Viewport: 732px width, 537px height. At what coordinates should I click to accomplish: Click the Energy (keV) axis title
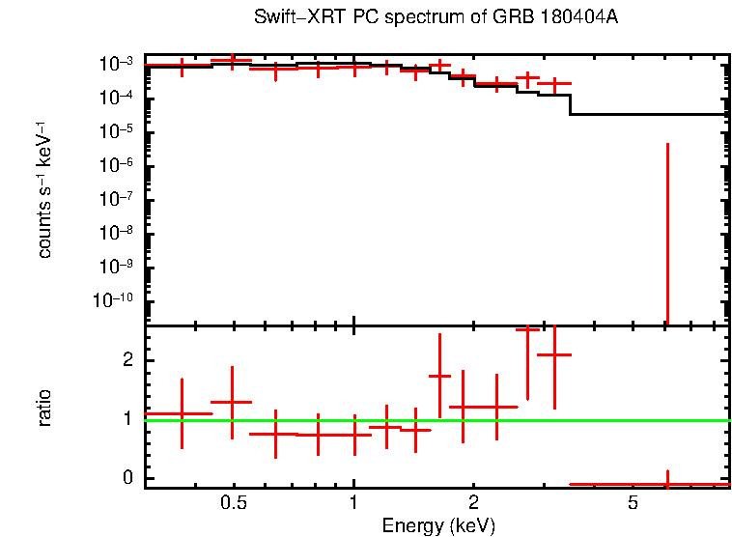(x=438, y=525)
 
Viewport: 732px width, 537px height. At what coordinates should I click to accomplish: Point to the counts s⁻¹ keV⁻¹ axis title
(x=44, y=190)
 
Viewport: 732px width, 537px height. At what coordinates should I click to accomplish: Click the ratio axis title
(x=44, y=408)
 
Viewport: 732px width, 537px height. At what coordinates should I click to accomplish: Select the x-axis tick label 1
(x=353, y=503)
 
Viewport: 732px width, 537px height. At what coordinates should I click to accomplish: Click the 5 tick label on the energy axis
(x=633, y=503)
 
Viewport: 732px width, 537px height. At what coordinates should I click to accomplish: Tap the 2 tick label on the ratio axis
(x=127, y=360)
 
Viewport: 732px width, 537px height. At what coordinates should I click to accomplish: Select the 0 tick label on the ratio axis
(x=127, y=479)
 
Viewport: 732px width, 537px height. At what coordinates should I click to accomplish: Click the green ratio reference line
(x=386, y=420)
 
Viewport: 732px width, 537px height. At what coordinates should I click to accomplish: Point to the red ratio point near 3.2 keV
(x=554, y=355)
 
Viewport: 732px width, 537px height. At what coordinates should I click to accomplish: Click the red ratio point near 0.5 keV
(x=232, y=402)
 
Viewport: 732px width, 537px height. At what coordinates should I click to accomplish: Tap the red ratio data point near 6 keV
(x=667, y=483)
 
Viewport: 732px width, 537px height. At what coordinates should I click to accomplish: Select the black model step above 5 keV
(x=647, y=114)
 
